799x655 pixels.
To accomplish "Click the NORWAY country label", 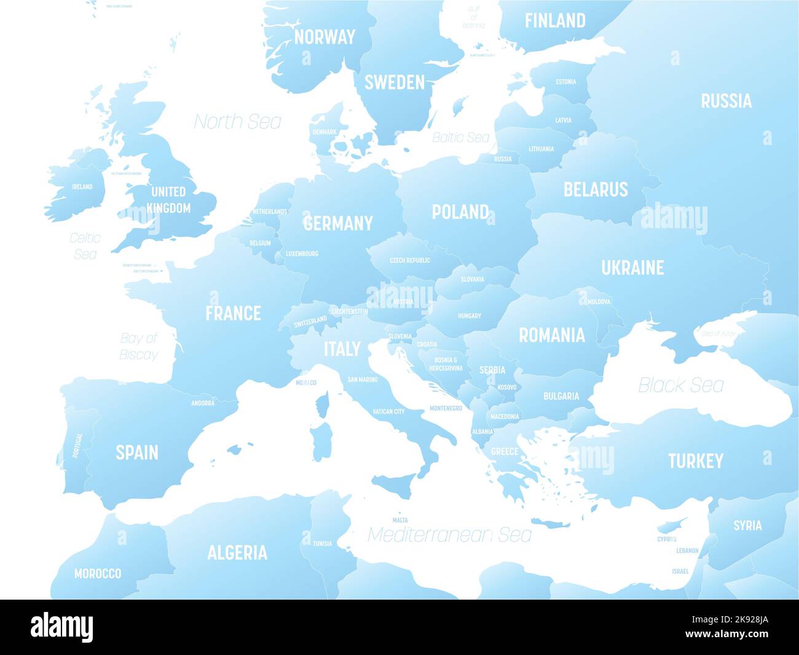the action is pyautogui.click(x=325, y=37).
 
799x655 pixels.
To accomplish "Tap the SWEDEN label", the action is pyautogui.click(x=395, y=82).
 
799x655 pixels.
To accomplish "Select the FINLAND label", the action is pyautogui.click(x=555, y=21).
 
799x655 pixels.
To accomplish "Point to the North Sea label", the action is pyautogui.click(x=238, y=122).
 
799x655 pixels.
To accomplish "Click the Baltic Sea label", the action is pyautogui.click(x=460, y=137).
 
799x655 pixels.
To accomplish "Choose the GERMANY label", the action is pyautogui.click(x=338, y=223).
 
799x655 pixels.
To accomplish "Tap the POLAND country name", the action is pyautogui.click(x=460, y=212).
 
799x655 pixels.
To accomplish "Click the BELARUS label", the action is pyautogui.click(x=596, y=189).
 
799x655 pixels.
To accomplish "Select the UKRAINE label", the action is pyautogui.click(x=632, y=268).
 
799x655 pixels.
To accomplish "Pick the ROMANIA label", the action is pyautogui.click(x=552, y=335).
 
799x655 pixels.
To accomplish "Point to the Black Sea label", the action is pyautogui.click(x=681, y=385).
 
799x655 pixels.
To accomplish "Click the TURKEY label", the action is pyautogui.click(x=696, y=461).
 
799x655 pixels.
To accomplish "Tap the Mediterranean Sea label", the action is pyautogui.click(x=449, y=534).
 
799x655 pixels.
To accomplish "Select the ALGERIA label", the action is pyautogui.click(x=237, y=552).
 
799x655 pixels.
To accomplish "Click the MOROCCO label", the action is pyautogui.click(x=98, y=573).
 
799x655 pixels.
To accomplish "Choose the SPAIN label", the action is pyautogui.click(x=137, y=453).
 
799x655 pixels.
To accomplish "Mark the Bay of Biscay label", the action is pyautogui.click(x=139, y=346).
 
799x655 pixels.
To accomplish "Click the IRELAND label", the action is pyautogui.click(x=82, y=186).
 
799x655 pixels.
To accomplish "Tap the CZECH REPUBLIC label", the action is pyautogui.click(x=410, y=260).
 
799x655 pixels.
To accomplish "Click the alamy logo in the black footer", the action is pyautogui.click(x=62, y=627).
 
